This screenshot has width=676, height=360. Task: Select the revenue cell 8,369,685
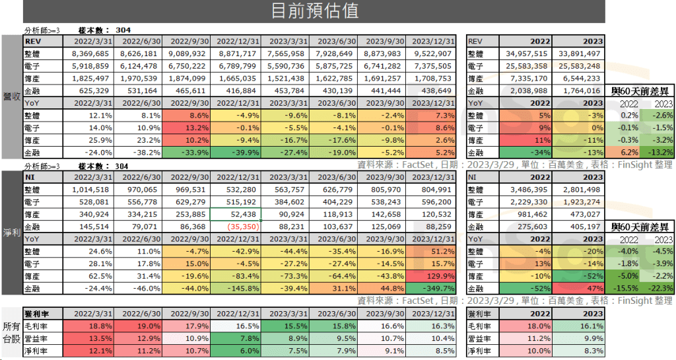pyautogui.click(x=90, y=54)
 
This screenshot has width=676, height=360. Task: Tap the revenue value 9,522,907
pyautogui.click(x=434, y=54)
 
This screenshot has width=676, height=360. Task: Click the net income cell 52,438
pyautogui.click(x=236, y=215)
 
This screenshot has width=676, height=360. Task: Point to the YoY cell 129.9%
pyautogui.click(x=434, y=277)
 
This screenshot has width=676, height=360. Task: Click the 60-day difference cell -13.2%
pyautogui.click(x=658, y=154)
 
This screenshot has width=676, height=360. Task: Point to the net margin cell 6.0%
pyautogui.click(x=236, y=351)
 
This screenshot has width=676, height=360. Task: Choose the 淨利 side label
pyautogui.click(x=11, y=233)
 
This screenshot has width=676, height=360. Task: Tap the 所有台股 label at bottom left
pyautogui.click(x=11, y=332)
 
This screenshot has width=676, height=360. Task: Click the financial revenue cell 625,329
pyautogui.click(x=90, y=91)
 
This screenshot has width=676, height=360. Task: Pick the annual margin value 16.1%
pyautogui.click(x=582, y=326)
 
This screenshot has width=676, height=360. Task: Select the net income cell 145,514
pyautogui.click(x=90, y=227)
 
